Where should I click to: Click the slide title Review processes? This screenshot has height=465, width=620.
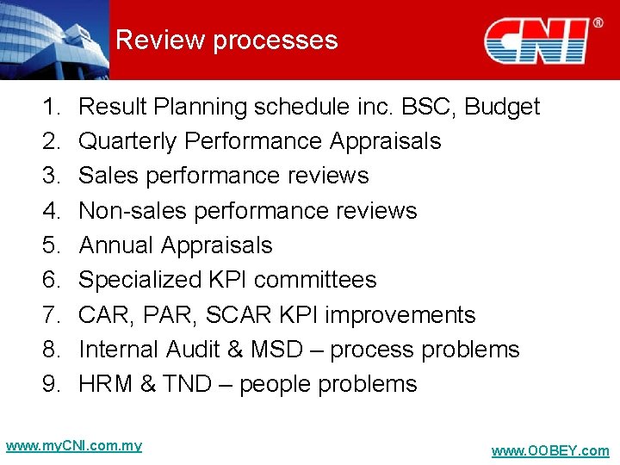pos(226,40)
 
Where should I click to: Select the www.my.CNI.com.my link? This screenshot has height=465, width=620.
pos(73,446)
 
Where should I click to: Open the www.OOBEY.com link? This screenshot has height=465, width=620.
pos(549,451)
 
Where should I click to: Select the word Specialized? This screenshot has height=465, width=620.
pos(140,280)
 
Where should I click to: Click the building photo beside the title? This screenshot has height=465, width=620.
pos(53,40)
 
